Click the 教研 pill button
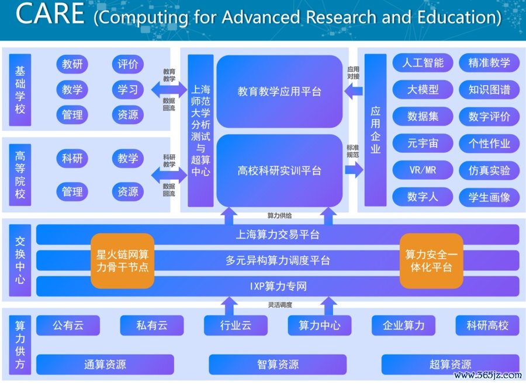72,64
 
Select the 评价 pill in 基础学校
128,64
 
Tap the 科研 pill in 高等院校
72,158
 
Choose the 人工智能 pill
423,62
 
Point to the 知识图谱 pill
489,89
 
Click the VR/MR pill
423,170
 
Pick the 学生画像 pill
489,197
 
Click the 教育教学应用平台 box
279,91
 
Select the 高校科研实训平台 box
279,170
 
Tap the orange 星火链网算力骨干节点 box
123,261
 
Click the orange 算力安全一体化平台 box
431,261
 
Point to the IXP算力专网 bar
278,286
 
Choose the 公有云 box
68,326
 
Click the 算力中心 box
320,326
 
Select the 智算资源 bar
278,364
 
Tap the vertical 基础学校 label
20,90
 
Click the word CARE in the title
50,13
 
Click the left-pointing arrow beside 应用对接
354,91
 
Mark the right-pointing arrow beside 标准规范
354,170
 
